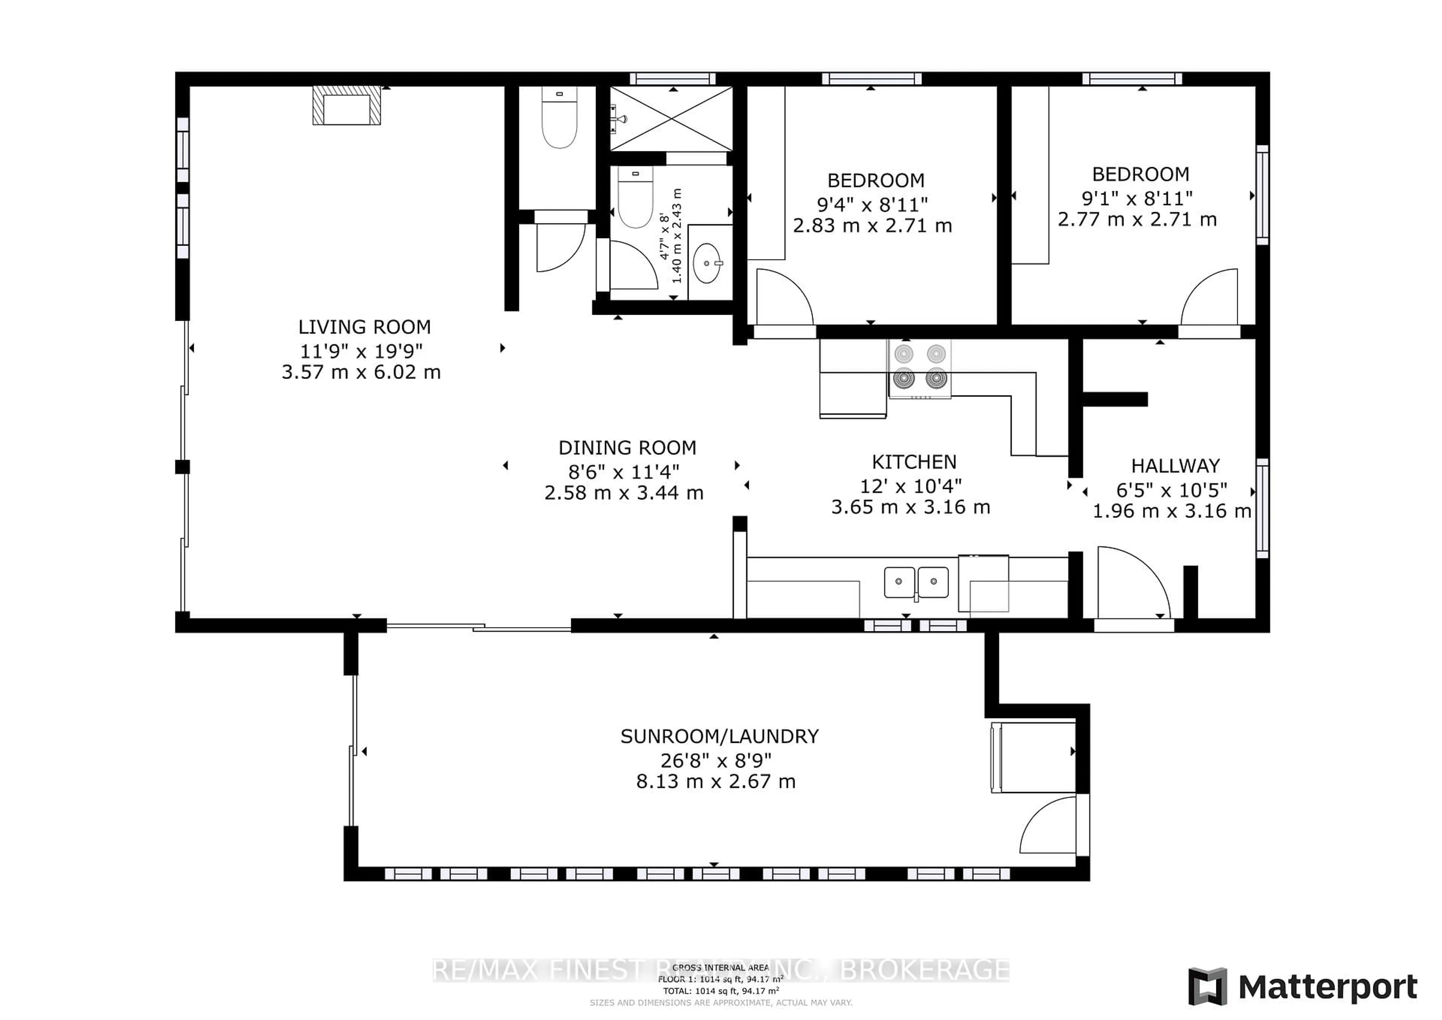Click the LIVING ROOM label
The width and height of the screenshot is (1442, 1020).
[364, 327]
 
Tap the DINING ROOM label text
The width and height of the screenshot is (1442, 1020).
[627, 448]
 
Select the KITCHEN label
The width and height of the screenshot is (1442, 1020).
[914, 462]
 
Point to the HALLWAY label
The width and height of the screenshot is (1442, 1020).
[1175, 466]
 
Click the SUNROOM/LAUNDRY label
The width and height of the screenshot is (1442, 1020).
[719, 736]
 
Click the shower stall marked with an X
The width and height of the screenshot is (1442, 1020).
[671, 119]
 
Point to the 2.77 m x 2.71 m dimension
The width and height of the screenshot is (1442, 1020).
[1137, 220]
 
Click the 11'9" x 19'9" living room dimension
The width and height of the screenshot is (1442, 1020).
[361, 351]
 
